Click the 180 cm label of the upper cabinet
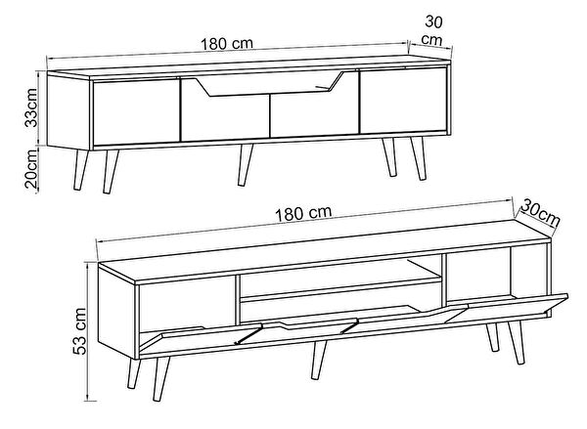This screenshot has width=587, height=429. (227, 44)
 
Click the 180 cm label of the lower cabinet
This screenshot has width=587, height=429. (303, 213)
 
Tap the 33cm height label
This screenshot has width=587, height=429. (31, 107)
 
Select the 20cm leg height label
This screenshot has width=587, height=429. (31, 168)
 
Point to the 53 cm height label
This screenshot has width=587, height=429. (80, 331)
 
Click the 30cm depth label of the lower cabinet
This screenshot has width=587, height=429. (540, 213)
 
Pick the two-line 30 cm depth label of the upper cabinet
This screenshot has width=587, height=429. (433, 30)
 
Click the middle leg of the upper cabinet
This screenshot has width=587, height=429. (245, 164)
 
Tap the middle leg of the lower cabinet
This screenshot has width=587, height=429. (319, 360)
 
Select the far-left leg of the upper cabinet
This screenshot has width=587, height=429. (81, 170)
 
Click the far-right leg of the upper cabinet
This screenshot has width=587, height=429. (419, 158)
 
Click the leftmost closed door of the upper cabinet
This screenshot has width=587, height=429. (136, 110)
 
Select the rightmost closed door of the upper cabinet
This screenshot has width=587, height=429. (403, 101)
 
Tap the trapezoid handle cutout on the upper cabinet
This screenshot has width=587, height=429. (270, 84)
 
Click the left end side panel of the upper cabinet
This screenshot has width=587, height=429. (69, 111)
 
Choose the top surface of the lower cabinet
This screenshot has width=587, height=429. (325, 251)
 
